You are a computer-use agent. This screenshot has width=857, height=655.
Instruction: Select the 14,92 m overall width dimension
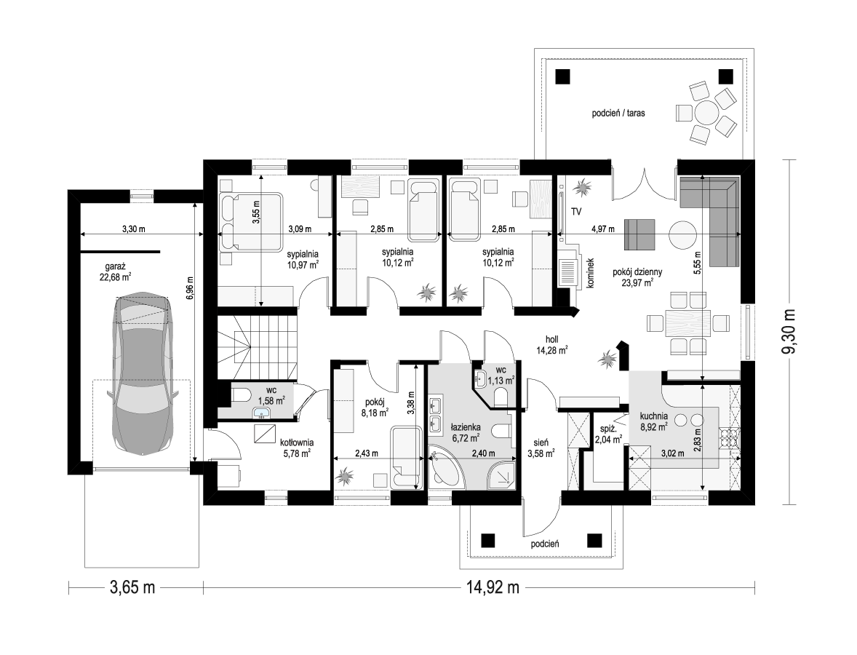pos(493,588)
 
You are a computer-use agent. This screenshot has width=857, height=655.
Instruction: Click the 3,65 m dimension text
pos(132,588)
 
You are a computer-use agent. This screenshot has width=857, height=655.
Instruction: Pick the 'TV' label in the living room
pos(576,211)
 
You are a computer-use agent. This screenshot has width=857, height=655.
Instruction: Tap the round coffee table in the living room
pos(683,234)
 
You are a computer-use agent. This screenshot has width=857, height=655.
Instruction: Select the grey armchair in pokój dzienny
pos(639,234)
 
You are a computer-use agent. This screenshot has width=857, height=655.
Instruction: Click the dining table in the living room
pos(688,323)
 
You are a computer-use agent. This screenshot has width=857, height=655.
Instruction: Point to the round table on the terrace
pos(706,113)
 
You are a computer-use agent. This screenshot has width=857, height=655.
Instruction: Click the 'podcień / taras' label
pos(618,114)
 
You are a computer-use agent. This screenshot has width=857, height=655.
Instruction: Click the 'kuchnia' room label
pos(654,416)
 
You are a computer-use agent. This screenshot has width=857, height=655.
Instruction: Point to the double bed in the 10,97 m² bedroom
pos(252,221)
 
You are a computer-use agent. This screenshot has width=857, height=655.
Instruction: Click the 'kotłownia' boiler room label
pos(297,442)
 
